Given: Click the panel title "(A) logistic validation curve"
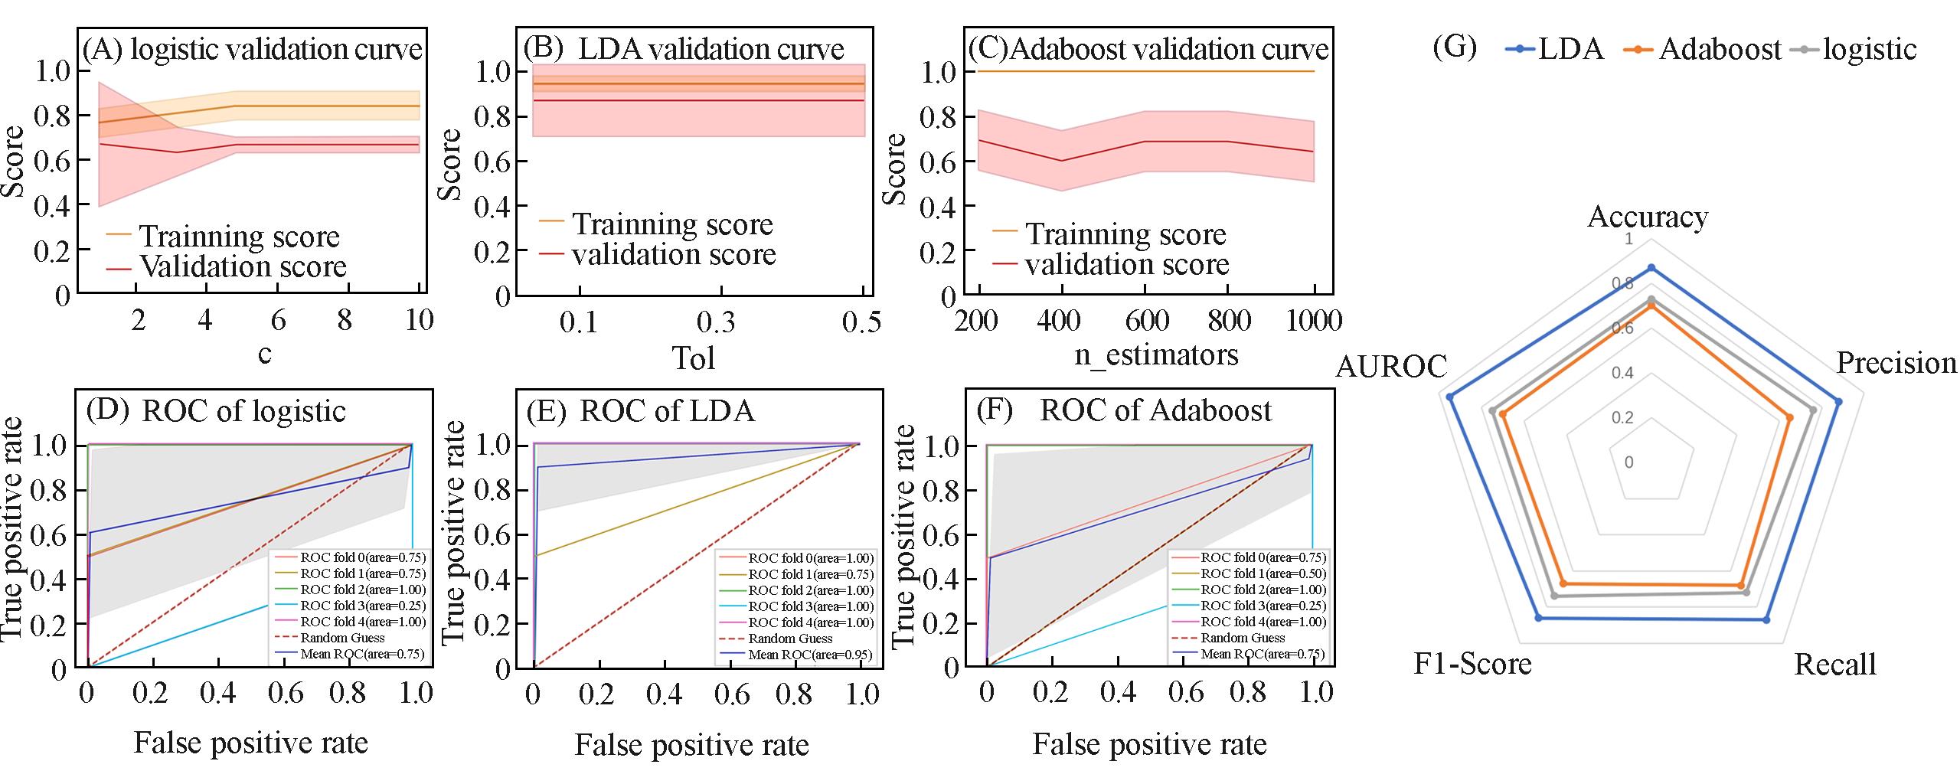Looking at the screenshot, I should [253, 50].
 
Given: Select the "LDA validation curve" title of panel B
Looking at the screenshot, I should [710, 50].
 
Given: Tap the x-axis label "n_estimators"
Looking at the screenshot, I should [1156, 354].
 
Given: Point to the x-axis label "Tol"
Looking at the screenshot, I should [693, 358].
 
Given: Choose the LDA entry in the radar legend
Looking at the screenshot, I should [1554, 49].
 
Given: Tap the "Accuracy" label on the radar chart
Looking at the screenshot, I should [1648, 217].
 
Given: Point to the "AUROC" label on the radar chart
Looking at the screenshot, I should [1391, 367].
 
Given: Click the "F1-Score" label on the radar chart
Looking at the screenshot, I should [1472, 663].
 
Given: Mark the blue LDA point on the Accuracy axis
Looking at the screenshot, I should [1651, 268].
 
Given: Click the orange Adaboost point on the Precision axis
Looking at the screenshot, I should [1789, 417].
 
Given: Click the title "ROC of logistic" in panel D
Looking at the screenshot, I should [243, 411].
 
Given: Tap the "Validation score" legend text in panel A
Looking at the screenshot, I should [243, 266].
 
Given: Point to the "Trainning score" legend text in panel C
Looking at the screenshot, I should [1125, 234].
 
